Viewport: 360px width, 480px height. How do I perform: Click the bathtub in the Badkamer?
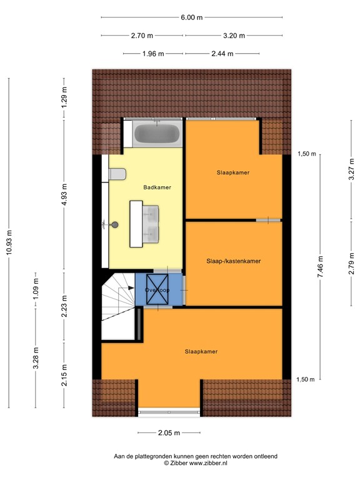(157, 134)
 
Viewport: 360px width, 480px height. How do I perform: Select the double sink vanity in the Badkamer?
(145, 223)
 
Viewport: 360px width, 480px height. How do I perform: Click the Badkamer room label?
(157, 187)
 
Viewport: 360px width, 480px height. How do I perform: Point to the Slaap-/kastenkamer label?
(233, 261)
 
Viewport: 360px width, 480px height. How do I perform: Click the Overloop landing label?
(157, 291)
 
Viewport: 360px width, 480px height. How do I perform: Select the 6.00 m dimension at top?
(191, 17)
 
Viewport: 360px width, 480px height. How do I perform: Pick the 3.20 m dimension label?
(232, 36)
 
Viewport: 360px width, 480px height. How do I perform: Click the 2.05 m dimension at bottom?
(169, 432)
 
